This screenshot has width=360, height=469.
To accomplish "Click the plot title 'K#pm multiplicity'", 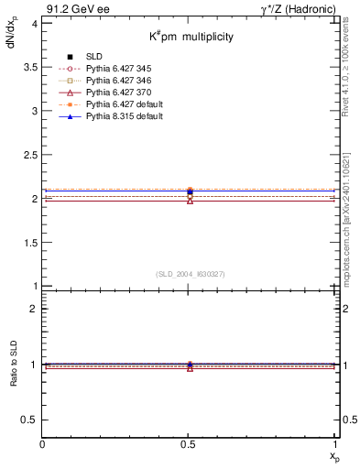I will (x=191, y=37).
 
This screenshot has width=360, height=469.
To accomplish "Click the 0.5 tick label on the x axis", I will (x=190, y=443).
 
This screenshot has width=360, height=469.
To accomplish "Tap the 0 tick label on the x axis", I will (x=43, y=443).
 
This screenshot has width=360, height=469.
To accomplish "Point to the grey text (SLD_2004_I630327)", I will (x=190, y=274).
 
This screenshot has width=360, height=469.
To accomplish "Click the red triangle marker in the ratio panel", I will (x=190, y=367).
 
